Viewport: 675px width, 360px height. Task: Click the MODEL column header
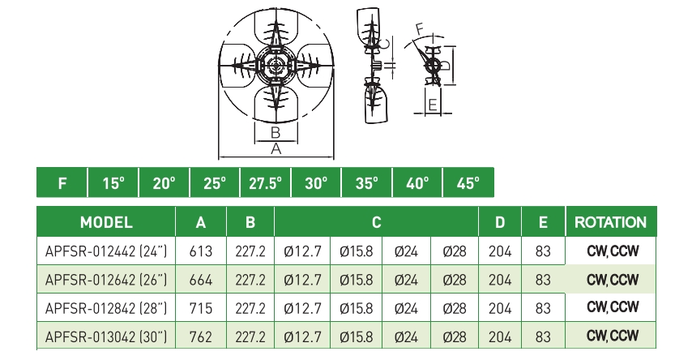pyautogui.click(x=106, y=222)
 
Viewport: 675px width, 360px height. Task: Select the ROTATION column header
pyautogui.click(x=610, y=222)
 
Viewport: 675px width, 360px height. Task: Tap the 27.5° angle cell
pyautogui.click(x=265, y=183)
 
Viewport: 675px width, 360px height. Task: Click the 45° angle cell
pyautogui.click(x=468, y=183)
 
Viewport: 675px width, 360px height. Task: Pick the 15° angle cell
pyautogui.click(x=113, y=183)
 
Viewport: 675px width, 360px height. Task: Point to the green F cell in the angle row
pyautogui.click(x=62, y=183)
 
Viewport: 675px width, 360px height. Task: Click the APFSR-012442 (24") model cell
pyautogui.click(x=106, y=252)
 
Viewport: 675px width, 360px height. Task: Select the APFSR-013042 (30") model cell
pyautogui.click(x=106, y=336)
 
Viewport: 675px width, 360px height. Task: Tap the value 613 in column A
pyautogui.click(x=200, y=252)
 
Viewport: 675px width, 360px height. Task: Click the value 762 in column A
pyautogui.click(x=200, y=336)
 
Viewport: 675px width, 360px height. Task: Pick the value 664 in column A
pyautogui.click(x=200, y=281)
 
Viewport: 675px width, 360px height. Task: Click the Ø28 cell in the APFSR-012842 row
pyautogui.click(x=455, y=308)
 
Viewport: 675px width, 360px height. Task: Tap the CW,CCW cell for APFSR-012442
pyautogui.click(x=613, y=252)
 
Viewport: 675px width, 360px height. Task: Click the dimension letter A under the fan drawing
pyautogui.click(x=276, y=149)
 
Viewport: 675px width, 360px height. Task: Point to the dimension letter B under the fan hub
pyautogui.click(x=275, y=132)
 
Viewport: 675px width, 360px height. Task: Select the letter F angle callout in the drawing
pyautogui.click(x=420, y=28)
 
